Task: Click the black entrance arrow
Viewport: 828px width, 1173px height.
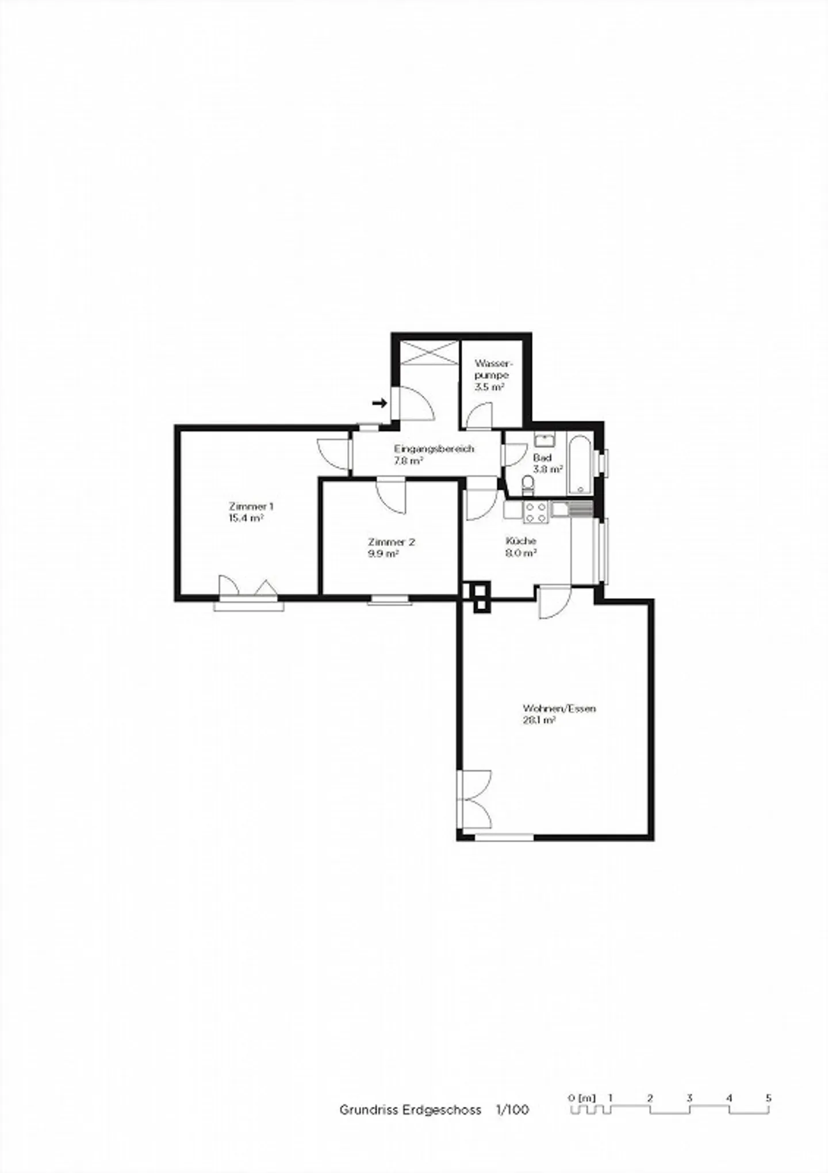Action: (x=379, y=403)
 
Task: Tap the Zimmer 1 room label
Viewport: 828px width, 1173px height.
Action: (x=251, y=506)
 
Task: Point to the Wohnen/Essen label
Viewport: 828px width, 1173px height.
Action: (x=559, y=708)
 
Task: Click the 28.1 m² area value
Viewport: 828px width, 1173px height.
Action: (x=538, y=720)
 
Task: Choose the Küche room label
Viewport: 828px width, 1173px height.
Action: (x=521, y=541)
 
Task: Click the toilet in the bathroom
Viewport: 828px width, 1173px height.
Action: (x=527, y=484)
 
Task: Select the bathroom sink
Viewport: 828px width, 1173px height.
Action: (x=543, y=441)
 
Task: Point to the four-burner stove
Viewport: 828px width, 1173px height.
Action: (x=535, y=513)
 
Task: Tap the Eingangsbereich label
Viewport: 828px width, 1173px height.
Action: (x=434, y=449)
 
